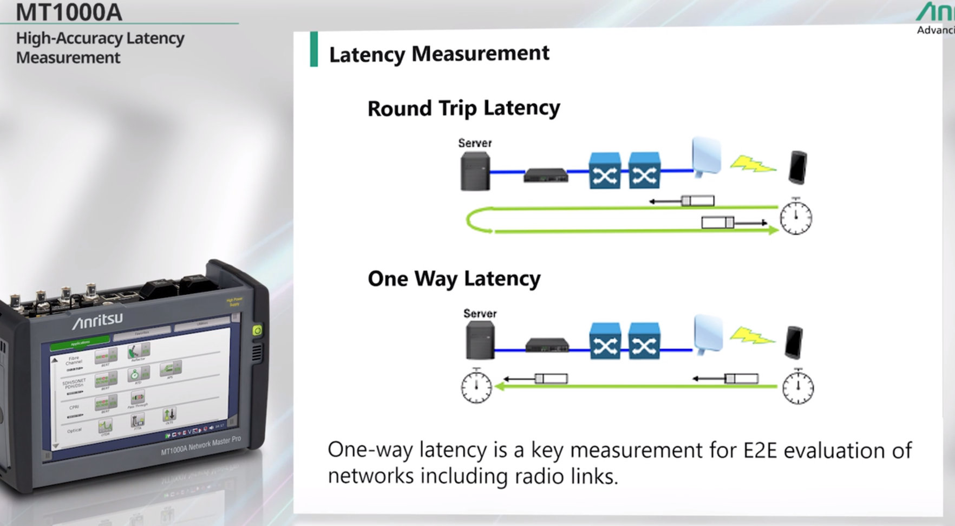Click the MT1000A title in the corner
(69, 12)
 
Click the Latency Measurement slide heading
(439, 54)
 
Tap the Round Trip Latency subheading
(463, 108)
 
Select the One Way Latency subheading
(454, 278)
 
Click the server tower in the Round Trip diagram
(475, 171)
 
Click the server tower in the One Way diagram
(480, 340)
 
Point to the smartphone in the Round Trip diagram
(797, 167)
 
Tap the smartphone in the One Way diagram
(794, 342)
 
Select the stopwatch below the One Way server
(476, 386)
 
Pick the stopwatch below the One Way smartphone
(798, 387)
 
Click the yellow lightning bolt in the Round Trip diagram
(752, 164)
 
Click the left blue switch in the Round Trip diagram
(604, 171)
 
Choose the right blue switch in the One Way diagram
(644, 342)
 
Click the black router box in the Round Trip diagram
(546, 175)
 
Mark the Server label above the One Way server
(480, 314)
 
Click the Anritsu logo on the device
(98, 320)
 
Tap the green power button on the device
(257, 330)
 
